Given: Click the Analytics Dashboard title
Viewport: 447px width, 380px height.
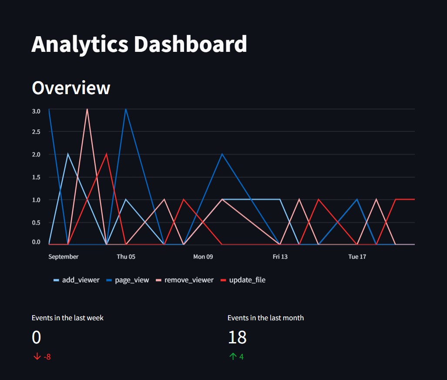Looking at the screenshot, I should point(139,44).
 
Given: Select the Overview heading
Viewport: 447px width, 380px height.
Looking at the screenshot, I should point(71,88).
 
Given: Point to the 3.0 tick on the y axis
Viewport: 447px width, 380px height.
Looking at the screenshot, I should point(36,111).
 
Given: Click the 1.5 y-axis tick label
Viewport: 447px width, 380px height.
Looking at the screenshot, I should point(36,177).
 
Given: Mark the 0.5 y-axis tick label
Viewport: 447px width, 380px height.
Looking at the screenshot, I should point(36,222).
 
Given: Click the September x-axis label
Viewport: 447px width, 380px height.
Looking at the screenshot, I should point(64,257).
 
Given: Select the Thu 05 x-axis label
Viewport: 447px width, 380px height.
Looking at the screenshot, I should point(126,257).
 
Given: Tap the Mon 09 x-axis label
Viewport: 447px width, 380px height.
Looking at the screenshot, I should point(203,257).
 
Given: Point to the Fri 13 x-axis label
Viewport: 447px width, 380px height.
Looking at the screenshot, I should point(280,257).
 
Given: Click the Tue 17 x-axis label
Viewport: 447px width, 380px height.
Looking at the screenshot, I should point(357,257).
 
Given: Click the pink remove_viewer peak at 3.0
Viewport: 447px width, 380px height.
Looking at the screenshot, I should point(87,109).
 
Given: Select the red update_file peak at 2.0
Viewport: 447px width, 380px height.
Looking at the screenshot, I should point(106,154).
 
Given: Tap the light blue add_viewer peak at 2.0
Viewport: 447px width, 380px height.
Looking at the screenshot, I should point(68,154).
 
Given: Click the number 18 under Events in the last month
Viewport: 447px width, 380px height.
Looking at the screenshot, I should point(237,337).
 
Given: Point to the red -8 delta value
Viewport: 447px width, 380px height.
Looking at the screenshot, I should point(47,357).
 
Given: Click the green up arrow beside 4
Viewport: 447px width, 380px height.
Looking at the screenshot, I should point(232,356).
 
